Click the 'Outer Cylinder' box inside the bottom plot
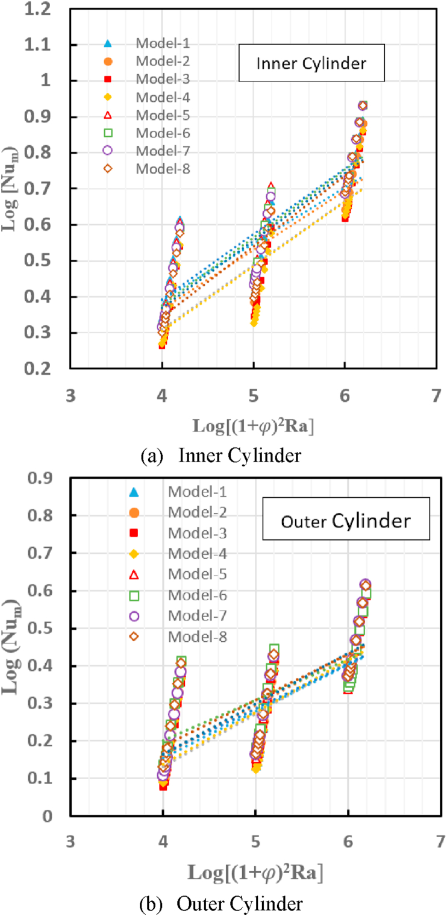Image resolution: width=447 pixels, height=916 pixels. (x=345, y=519)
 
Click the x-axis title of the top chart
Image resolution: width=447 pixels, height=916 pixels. (x=253, y=425)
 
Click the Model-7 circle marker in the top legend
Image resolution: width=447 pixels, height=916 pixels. (x=108, y=151)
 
